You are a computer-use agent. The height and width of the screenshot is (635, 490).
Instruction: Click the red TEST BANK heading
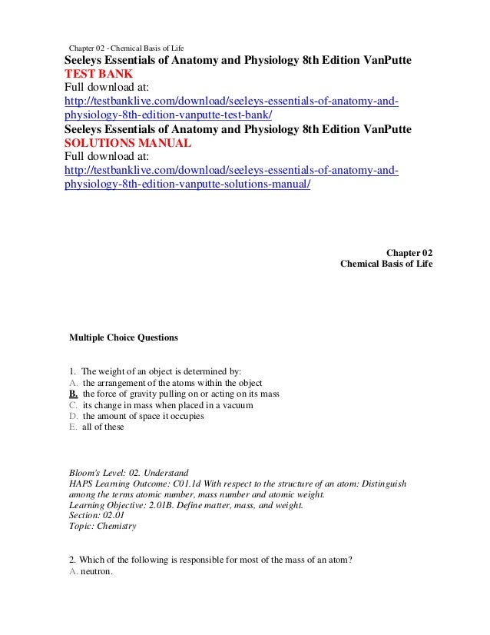click(98, 75)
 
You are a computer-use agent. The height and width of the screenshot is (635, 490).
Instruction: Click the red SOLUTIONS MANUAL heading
click(127, 144)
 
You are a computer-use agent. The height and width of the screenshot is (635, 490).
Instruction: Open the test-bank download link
click(230, 109)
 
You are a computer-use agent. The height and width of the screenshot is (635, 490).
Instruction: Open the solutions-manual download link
click(230, 178)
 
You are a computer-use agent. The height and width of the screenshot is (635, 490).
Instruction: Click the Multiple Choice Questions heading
click(123, 337)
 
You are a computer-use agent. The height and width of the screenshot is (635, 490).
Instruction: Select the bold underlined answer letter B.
click(73, 394)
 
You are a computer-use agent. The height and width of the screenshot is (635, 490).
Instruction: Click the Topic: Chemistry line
click(102, 527)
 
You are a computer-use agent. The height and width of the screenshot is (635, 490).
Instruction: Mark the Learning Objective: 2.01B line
click(186, 505)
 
